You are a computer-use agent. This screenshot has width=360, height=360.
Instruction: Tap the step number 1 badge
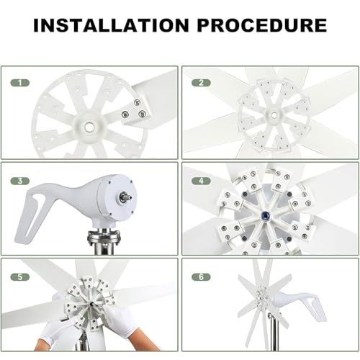click(21, 83)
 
